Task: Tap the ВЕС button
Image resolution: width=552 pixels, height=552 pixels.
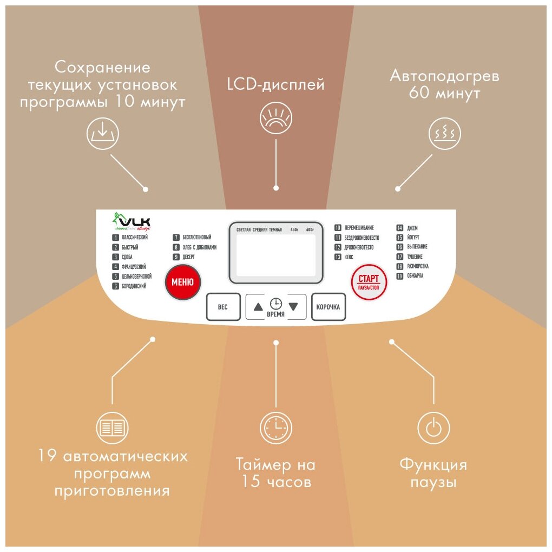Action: coord(222,307)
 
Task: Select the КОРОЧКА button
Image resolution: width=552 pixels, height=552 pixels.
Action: coord(328,307)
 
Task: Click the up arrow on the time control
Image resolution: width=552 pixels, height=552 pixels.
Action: coord(258,306)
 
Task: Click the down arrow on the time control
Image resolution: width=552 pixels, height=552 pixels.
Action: coord(293,306)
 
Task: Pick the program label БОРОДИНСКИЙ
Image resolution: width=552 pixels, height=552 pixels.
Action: coord(133,286)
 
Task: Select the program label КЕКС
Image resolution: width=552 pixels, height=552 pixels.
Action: coord(349,257)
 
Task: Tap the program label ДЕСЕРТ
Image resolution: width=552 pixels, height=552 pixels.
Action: coord(188,257)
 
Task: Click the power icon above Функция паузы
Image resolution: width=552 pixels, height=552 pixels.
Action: coord(433,429)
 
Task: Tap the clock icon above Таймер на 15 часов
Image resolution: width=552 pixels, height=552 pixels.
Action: coord(276,429)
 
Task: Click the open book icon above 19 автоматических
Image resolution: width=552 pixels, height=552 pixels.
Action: coord(112,429)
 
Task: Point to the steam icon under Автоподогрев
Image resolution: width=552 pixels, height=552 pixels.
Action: coord(445,133)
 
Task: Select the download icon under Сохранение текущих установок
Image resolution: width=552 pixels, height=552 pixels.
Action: coord(102,133)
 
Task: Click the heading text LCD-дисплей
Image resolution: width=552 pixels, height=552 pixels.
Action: coord(276,85)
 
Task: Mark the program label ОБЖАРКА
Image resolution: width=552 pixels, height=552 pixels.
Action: coord(415,276)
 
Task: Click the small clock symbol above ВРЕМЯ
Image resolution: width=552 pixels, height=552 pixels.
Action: coord(276,304)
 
